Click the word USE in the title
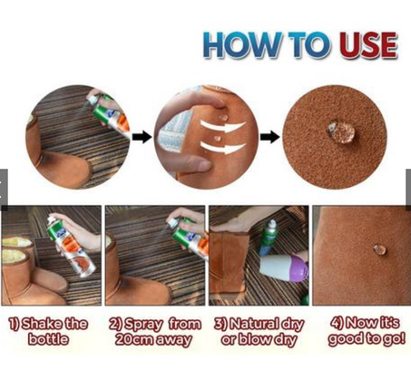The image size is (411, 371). (367, 45)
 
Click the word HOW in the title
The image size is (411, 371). (242, 45)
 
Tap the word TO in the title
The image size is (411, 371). (308, 45)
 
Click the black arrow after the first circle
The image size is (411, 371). (142, 137)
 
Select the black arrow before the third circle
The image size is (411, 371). (270, 137)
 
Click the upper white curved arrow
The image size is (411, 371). (222, 126)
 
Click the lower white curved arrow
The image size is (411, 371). (223, 148)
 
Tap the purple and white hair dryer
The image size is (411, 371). (283, 268)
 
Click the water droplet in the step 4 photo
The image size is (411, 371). (379, 249)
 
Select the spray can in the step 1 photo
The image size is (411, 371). (71, 247)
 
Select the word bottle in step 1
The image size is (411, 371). (48, 339)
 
